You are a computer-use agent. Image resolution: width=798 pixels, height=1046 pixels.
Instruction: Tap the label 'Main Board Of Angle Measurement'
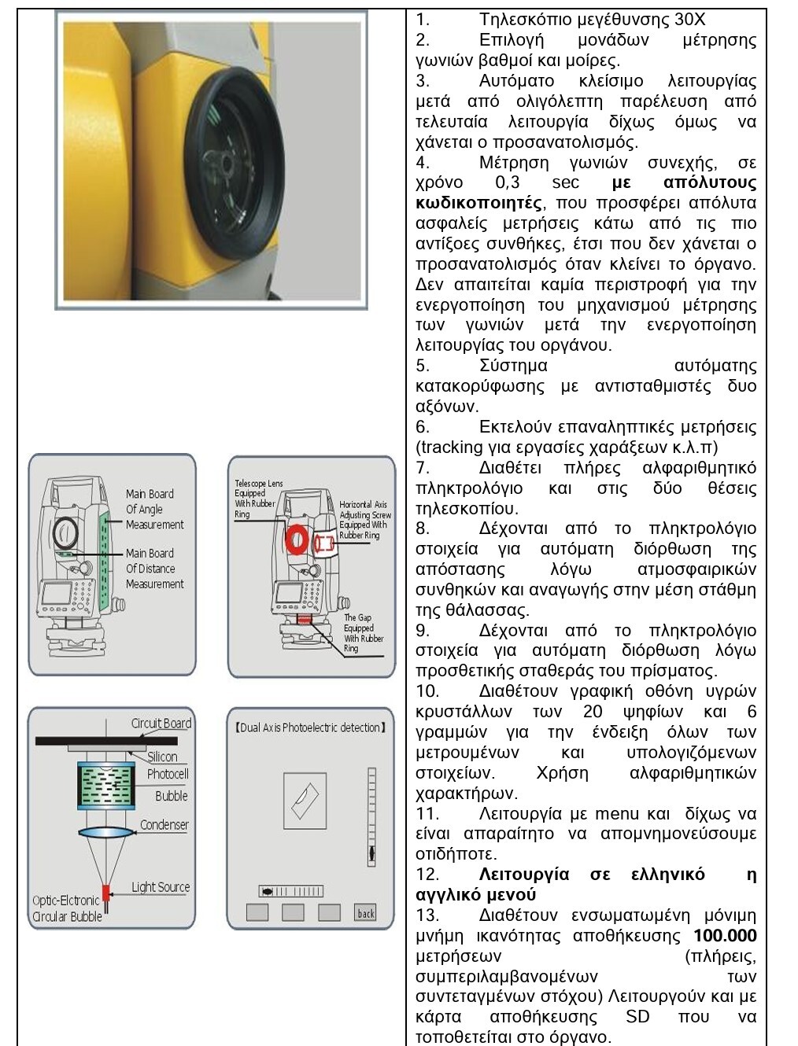tap(154, 509)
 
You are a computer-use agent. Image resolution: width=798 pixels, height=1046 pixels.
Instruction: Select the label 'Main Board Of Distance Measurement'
tap(154, 569)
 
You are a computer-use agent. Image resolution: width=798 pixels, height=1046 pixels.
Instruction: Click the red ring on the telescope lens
tap(297, 540)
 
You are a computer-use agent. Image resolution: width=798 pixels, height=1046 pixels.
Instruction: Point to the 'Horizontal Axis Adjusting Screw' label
tap(364, 520)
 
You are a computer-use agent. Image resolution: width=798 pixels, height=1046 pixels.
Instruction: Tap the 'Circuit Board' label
tap(161, 724)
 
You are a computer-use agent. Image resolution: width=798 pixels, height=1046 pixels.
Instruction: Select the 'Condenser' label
tap(164, 825)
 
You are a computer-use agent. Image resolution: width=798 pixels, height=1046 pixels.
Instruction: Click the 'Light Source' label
tap(161, 887)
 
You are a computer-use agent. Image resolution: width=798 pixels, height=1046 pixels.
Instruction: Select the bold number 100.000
tap(725, 936)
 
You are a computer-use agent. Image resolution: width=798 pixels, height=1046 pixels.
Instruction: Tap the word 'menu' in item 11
tap(616, 814)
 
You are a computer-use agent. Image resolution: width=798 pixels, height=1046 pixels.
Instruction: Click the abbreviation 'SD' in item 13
tap(637, 1017)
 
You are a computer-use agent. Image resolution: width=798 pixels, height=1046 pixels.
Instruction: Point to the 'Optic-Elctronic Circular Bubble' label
tap(67, 908)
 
